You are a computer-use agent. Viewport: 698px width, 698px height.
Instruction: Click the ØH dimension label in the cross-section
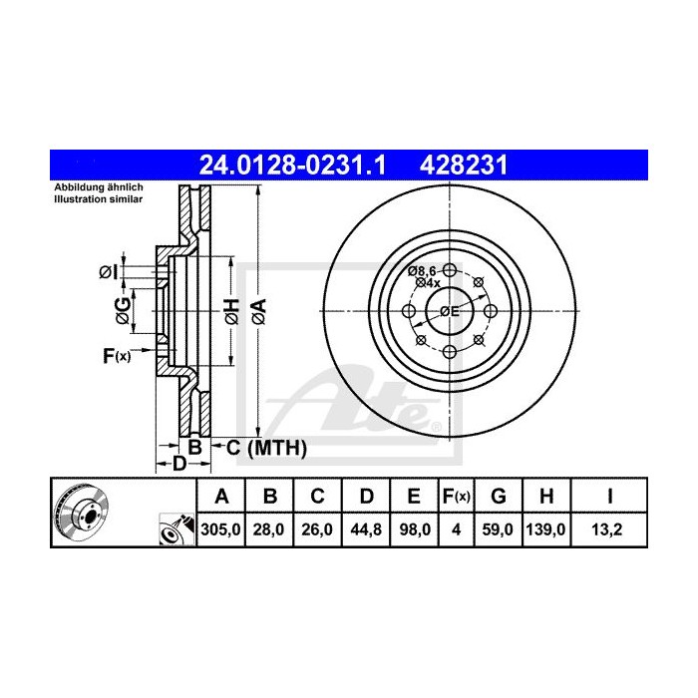(230, 311)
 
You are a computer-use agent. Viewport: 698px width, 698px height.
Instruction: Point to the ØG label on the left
(122, 311)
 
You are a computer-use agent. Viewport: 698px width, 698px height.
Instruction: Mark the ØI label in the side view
(110, 271)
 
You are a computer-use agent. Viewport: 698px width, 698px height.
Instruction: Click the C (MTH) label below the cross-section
(265, 448)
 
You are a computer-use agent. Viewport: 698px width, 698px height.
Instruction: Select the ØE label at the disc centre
(449, 312)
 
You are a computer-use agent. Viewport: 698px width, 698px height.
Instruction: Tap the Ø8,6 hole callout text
(423, 270)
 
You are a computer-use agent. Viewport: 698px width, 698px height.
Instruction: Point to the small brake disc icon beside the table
(80, 509)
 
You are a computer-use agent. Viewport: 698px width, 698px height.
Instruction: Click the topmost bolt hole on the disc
(450, 271)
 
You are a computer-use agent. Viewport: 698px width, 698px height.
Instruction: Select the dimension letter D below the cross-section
(179, 464)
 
